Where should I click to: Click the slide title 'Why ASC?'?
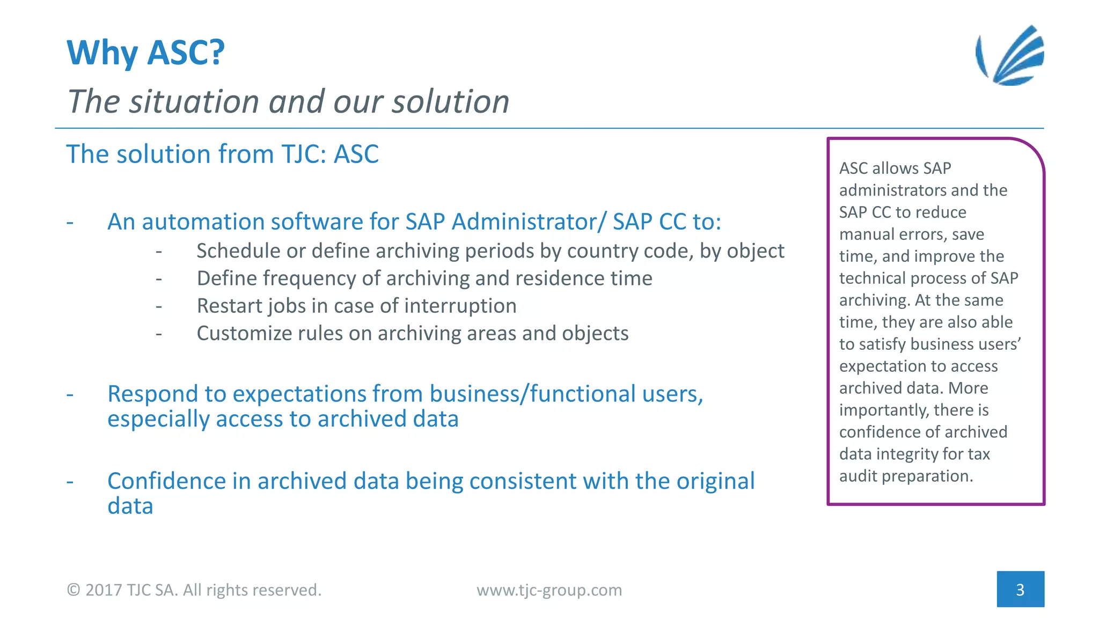[x=145, y=53]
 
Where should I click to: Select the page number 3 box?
[x=1020, y=590]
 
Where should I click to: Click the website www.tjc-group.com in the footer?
[x=549, y=590]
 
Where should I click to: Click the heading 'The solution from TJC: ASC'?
[x=222, y=154]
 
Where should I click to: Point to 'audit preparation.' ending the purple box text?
[x=906, y=476]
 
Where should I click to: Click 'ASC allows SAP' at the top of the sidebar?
[x=895, y=168]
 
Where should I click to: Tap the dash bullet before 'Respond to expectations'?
[x=70, y=394]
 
